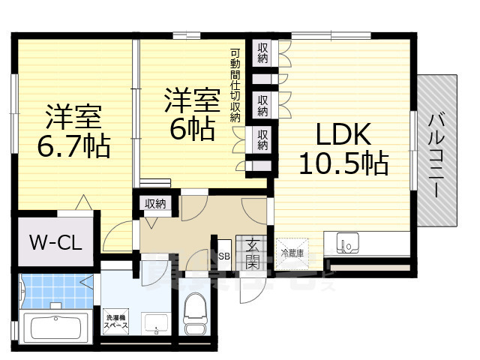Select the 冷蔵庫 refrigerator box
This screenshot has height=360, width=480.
pos(292,253)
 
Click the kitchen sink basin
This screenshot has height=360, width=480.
pos(348,244)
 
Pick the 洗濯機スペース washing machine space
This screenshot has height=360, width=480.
pos(116,322)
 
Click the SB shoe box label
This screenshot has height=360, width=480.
pos(223,256)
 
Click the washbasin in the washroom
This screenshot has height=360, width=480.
pos(157,323)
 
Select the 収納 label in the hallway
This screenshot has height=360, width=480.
pos(155,203)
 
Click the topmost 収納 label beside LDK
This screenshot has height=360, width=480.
pos(262,53)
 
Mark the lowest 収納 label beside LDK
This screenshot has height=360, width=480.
pos(262,140)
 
